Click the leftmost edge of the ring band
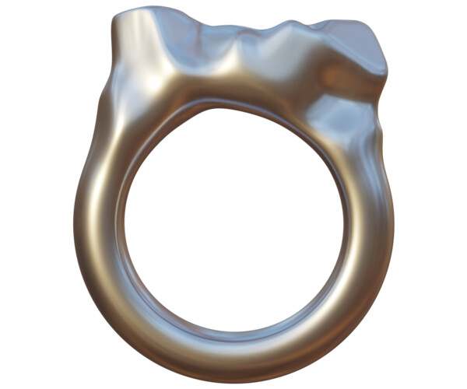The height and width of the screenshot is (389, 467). tap(75, 226)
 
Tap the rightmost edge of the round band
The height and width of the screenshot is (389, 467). tap(393, 226)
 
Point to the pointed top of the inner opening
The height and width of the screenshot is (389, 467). tap(226, 109)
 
